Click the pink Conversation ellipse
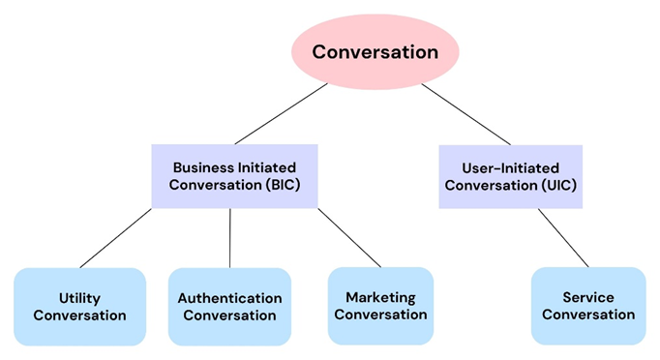point(375,51)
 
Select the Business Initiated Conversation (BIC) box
point(235,176)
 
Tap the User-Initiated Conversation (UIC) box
point(510,176)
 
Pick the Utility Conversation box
point(79,307)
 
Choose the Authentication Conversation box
point(229,307)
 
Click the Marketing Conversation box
point(380,306)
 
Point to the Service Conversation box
point(588,306)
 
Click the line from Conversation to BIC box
point(282,113)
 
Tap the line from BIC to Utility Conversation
point(116,238)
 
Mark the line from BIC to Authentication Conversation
point(230,238)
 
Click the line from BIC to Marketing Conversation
point(349,237)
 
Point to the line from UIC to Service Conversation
point(563,237)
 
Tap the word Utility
point(79,298)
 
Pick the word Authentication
point(229,298)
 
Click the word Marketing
point(380,297)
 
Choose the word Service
point(588,297)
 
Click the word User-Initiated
point(510,167)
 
